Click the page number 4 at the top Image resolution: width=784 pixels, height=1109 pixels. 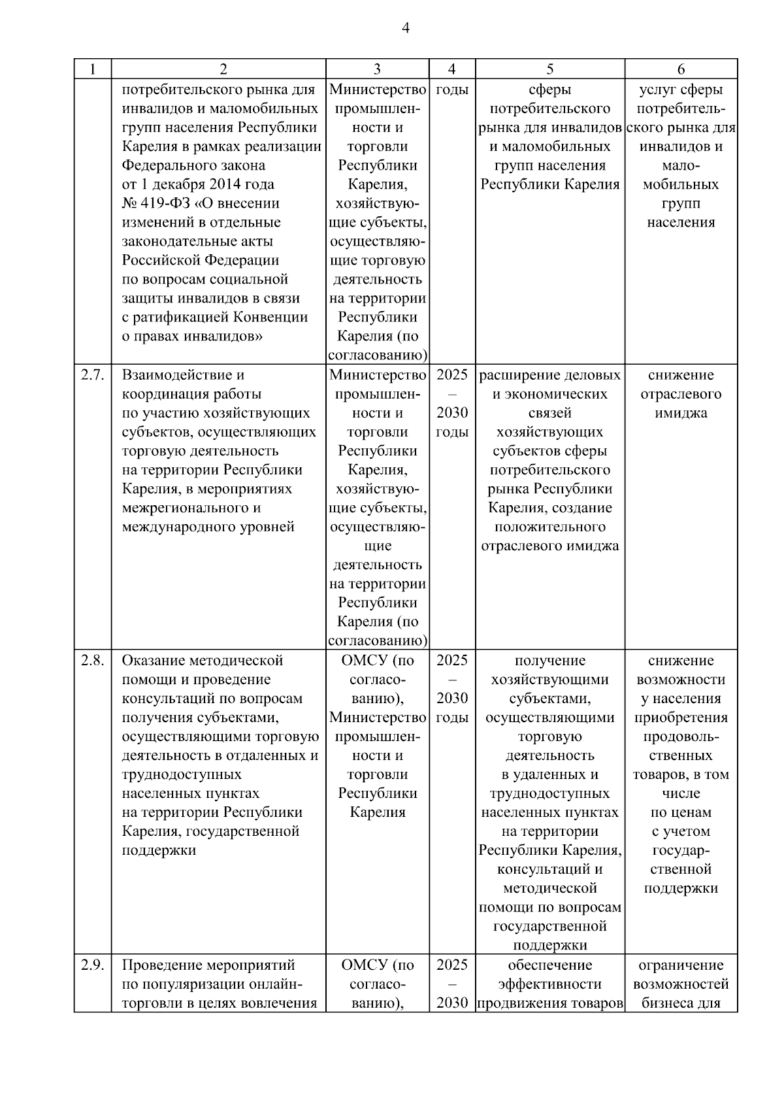tap(406, 28)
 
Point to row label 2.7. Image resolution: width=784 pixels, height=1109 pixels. tap(92, 376)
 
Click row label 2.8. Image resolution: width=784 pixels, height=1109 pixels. tap(92, 661)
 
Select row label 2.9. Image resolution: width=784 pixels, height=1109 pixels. tap(92, 965)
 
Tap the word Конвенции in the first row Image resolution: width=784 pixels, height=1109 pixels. tap(275, 318)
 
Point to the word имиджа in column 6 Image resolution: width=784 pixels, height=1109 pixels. tap(681, 414)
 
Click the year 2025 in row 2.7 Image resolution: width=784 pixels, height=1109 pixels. tap(452, 376)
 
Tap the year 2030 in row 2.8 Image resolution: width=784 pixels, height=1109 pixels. tap(452, 699)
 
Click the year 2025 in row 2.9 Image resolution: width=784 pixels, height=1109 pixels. tap(452, 965)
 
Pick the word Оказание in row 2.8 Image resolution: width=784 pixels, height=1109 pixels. tap(152, 661)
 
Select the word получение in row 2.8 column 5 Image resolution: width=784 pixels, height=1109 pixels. tap(549, 661)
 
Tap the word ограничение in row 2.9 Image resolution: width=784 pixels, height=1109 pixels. tap(681, 965)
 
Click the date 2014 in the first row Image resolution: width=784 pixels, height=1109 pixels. tap(228, 184)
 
